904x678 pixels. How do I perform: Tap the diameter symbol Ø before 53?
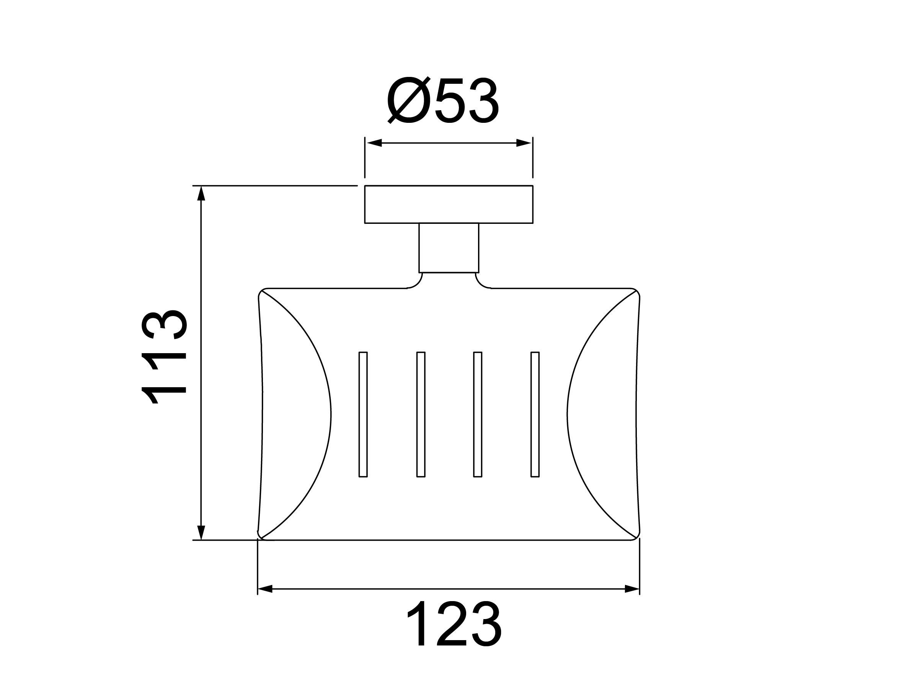point(409,101)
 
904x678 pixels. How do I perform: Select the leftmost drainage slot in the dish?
point(363,414)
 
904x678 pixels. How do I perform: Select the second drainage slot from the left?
point(421,414)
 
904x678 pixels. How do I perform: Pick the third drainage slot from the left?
point(477,414)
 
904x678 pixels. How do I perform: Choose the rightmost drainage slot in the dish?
point(535,414)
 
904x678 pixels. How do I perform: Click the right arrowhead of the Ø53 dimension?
point(524,143)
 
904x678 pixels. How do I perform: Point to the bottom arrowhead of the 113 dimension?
point(201,532)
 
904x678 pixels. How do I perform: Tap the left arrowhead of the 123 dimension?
point(265,589)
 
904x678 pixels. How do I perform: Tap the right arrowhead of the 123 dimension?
point(632,589)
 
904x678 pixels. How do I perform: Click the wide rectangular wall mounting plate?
point(448,204)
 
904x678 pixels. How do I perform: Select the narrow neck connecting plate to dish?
point(448,248)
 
